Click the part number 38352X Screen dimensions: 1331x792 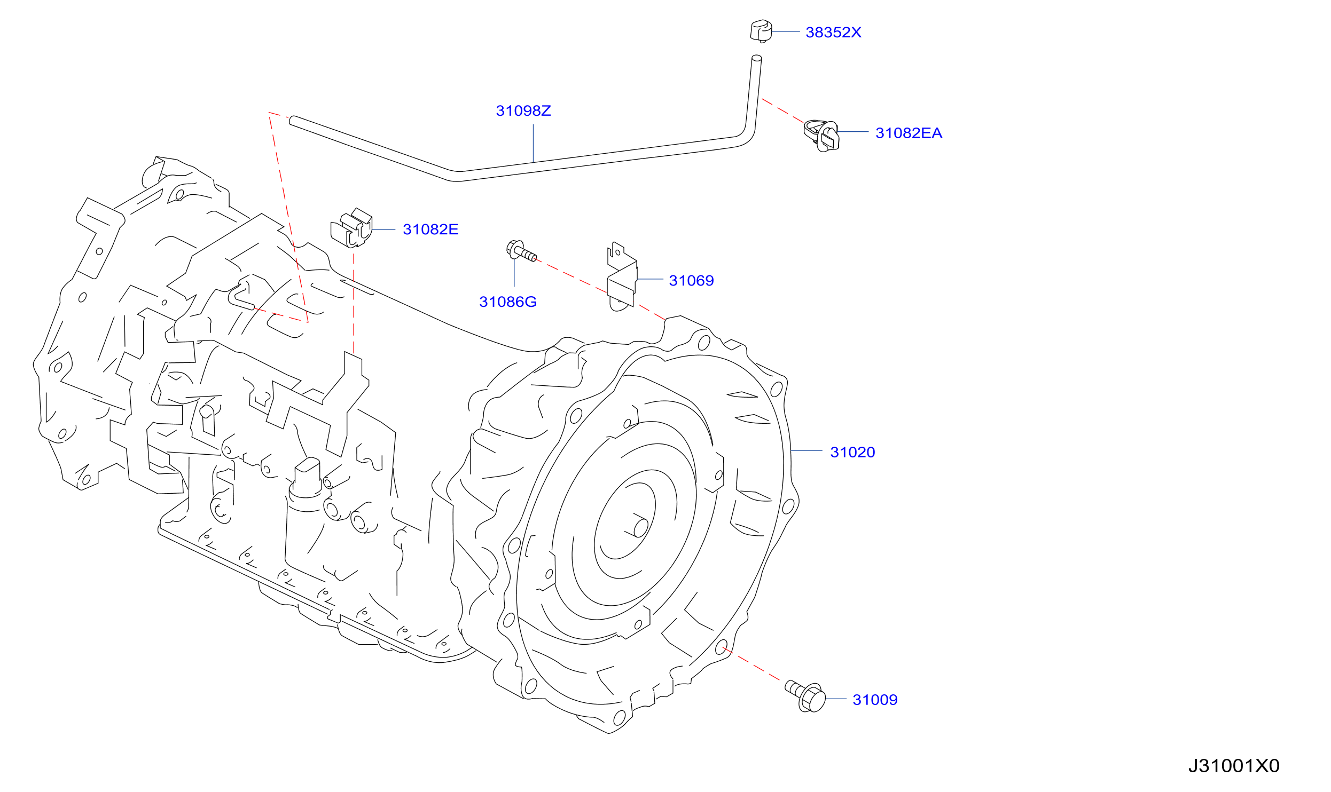[x=833, y=33]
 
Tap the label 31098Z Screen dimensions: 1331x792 [x=523, y=111]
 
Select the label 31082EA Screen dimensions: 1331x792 [x=909, y=133]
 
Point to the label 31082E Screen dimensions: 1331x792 [x=430, y=229]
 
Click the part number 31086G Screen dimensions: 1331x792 [x=508, y=302]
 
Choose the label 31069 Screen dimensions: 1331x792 [x=691, y=281]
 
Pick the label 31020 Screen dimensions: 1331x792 [x=852, y=453]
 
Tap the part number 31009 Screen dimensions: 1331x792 [x=875, y=700]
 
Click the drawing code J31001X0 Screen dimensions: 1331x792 [x=1234, y=766]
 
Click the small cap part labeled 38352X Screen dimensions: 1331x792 [x=761, y=31]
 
